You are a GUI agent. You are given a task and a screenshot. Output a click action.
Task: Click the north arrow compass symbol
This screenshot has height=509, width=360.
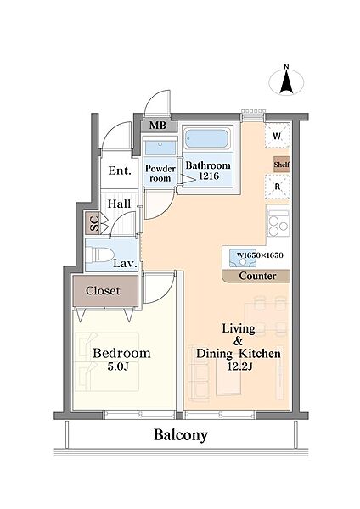click(287, 81)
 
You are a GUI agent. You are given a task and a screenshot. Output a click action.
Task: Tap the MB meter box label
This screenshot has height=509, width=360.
click(158, 126)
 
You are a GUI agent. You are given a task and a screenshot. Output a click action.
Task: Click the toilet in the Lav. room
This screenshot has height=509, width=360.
click(99, 254)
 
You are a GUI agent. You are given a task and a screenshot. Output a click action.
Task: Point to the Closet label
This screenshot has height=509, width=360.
click(103, 290)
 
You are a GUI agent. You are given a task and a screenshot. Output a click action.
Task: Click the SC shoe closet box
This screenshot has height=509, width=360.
click(94, 222)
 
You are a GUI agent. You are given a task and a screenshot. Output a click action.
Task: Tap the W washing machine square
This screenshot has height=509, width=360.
click(277, 136)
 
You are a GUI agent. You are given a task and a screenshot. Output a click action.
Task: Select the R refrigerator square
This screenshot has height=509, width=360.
click(277, 187)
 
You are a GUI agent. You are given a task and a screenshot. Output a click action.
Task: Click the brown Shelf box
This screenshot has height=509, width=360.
click(281, 165)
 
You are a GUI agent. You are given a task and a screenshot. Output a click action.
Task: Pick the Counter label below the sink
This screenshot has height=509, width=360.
click(257, 276)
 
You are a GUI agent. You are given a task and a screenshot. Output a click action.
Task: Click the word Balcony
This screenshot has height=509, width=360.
click(181, 435)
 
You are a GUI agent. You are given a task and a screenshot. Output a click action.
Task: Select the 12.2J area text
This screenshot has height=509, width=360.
click(240, 366)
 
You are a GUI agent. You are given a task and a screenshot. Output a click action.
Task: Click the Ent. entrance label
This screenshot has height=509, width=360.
click(120, 171)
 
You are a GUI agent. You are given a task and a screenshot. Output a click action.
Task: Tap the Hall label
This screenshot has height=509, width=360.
click(120, 204)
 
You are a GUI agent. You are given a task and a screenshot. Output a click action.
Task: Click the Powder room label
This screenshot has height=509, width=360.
click(160, 173)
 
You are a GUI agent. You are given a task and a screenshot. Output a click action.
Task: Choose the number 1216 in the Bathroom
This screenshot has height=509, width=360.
click(209, 176)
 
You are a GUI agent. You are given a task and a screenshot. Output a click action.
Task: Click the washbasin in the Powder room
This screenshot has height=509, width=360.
click(160, 148)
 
